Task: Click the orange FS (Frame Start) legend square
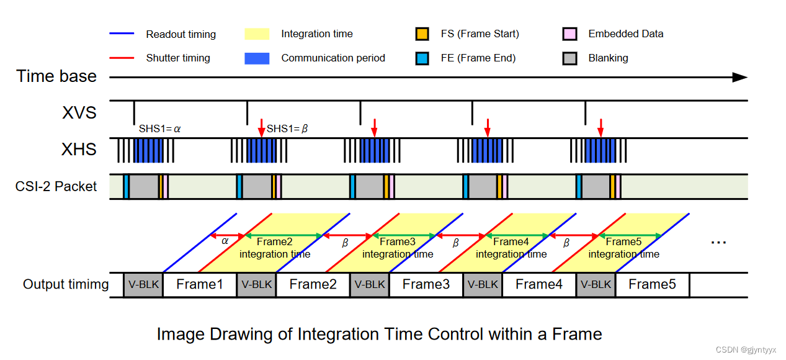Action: tap(422, 34)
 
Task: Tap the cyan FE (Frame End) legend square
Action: tap(422, 58)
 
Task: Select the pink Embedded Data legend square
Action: tap(570, 34)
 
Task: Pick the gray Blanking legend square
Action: tap(570, 58)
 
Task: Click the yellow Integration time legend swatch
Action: tap(257, 34)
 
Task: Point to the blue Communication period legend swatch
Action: tap(257, 58)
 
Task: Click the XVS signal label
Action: tap(79, 113)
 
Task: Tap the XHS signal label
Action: tap(79, 149)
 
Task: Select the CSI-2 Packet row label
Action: tap(56, 186)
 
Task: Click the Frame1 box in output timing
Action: tap(199, 285)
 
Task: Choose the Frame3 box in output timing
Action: tap(426, 285)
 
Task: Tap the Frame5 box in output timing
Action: tap(651, 285)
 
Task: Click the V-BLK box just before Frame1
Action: tap(143, 285)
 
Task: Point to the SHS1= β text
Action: tap(288, 130)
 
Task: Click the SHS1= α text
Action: tap(159, 130)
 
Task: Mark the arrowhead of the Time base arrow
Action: tap(740, 77)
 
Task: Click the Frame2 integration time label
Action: tap(275, 248)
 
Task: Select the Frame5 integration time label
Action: tap(623, 248)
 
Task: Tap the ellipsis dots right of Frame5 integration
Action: tap(718, 243)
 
